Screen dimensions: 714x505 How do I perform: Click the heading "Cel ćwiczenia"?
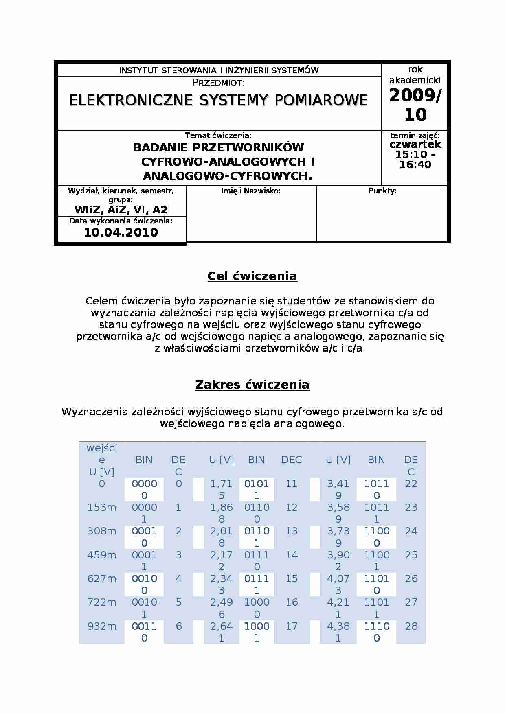coord(252,276)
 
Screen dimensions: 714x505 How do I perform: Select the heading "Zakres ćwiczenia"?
coord(252,385)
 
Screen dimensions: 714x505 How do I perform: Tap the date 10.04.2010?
coord(121,232)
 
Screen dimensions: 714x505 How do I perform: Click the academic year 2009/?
coord(415,96)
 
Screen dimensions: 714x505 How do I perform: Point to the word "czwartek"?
coord(415,145)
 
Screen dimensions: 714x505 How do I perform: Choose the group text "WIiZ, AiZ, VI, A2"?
coord(121,210)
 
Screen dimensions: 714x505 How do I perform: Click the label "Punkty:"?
coord(382,191)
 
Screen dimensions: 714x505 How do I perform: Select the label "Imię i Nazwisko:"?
coord(251,191)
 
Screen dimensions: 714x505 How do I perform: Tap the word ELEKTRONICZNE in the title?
coord(130,100)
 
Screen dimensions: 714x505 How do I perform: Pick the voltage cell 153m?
coord(102,508)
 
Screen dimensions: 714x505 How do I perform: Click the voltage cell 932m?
coord(102,626)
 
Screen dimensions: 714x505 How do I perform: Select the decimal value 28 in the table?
coord(411,626)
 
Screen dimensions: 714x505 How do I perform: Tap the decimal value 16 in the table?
coord(292,602)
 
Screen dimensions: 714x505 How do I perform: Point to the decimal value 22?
coord(411,484)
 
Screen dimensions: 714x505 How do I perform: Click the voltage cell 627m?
coord(102,579)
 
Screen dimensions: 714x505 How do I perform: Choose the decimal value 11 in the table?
coord(292,484)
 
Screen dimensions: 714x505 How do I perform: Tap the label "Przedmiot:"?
coord(218,83)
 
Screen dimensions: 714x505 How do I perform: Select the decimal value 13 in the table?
coord(292,531)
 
